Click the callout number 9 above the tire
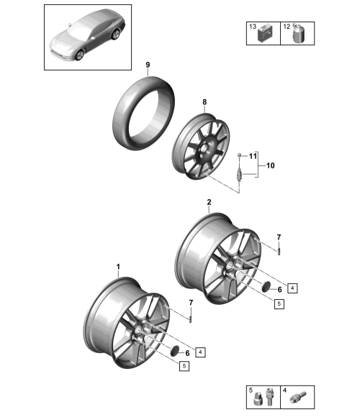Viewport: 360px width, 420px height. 148,65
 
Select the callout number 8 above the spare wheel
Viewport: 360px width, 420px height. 204,102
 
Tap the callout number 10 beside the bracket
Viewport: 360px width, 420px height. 271,165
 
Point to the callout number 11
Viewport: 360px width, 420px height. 253,156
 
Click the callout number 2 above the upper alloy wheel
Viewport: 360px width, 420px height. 209,202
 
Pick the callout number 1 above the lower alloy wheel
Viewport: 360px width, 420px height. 118,267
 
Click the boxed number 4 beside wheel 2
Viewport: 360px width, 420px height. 292,288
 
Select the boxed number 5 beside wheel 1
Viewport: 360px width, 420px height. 184,366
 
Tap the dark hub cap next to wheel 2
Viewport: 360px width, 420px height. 266,287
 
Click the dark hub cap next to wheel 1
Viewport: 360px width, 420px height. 175,351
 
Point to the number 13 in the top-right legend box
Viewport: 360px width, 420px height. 253,26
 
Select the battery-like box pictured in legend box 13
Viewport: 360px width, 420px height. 265,35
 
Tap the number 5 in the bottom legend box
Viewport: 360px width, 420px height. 251,390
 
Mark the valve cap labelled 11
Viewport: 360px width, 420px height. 239,155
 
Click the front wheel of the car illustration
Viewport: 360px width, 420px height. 80,55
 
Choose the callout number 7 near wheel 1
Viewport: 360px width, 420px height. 191,303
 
